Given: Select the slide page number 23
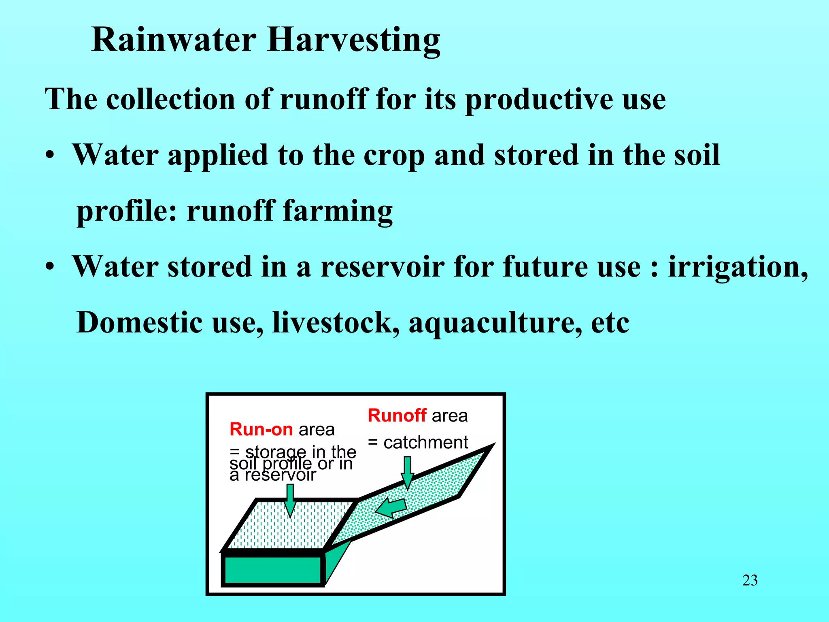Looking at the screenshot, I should [750, 580].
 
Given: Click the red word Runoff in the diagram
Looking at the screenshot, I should [397, 415].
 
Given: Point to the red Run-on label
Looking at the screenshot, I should [261, 429].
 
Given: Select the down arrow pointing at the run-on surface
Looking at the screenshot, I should [290, 501].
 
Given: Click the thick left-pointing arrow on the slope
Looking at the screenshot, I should [391, 507].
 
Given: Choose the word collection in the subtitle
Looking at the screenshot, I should [170, 99].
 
